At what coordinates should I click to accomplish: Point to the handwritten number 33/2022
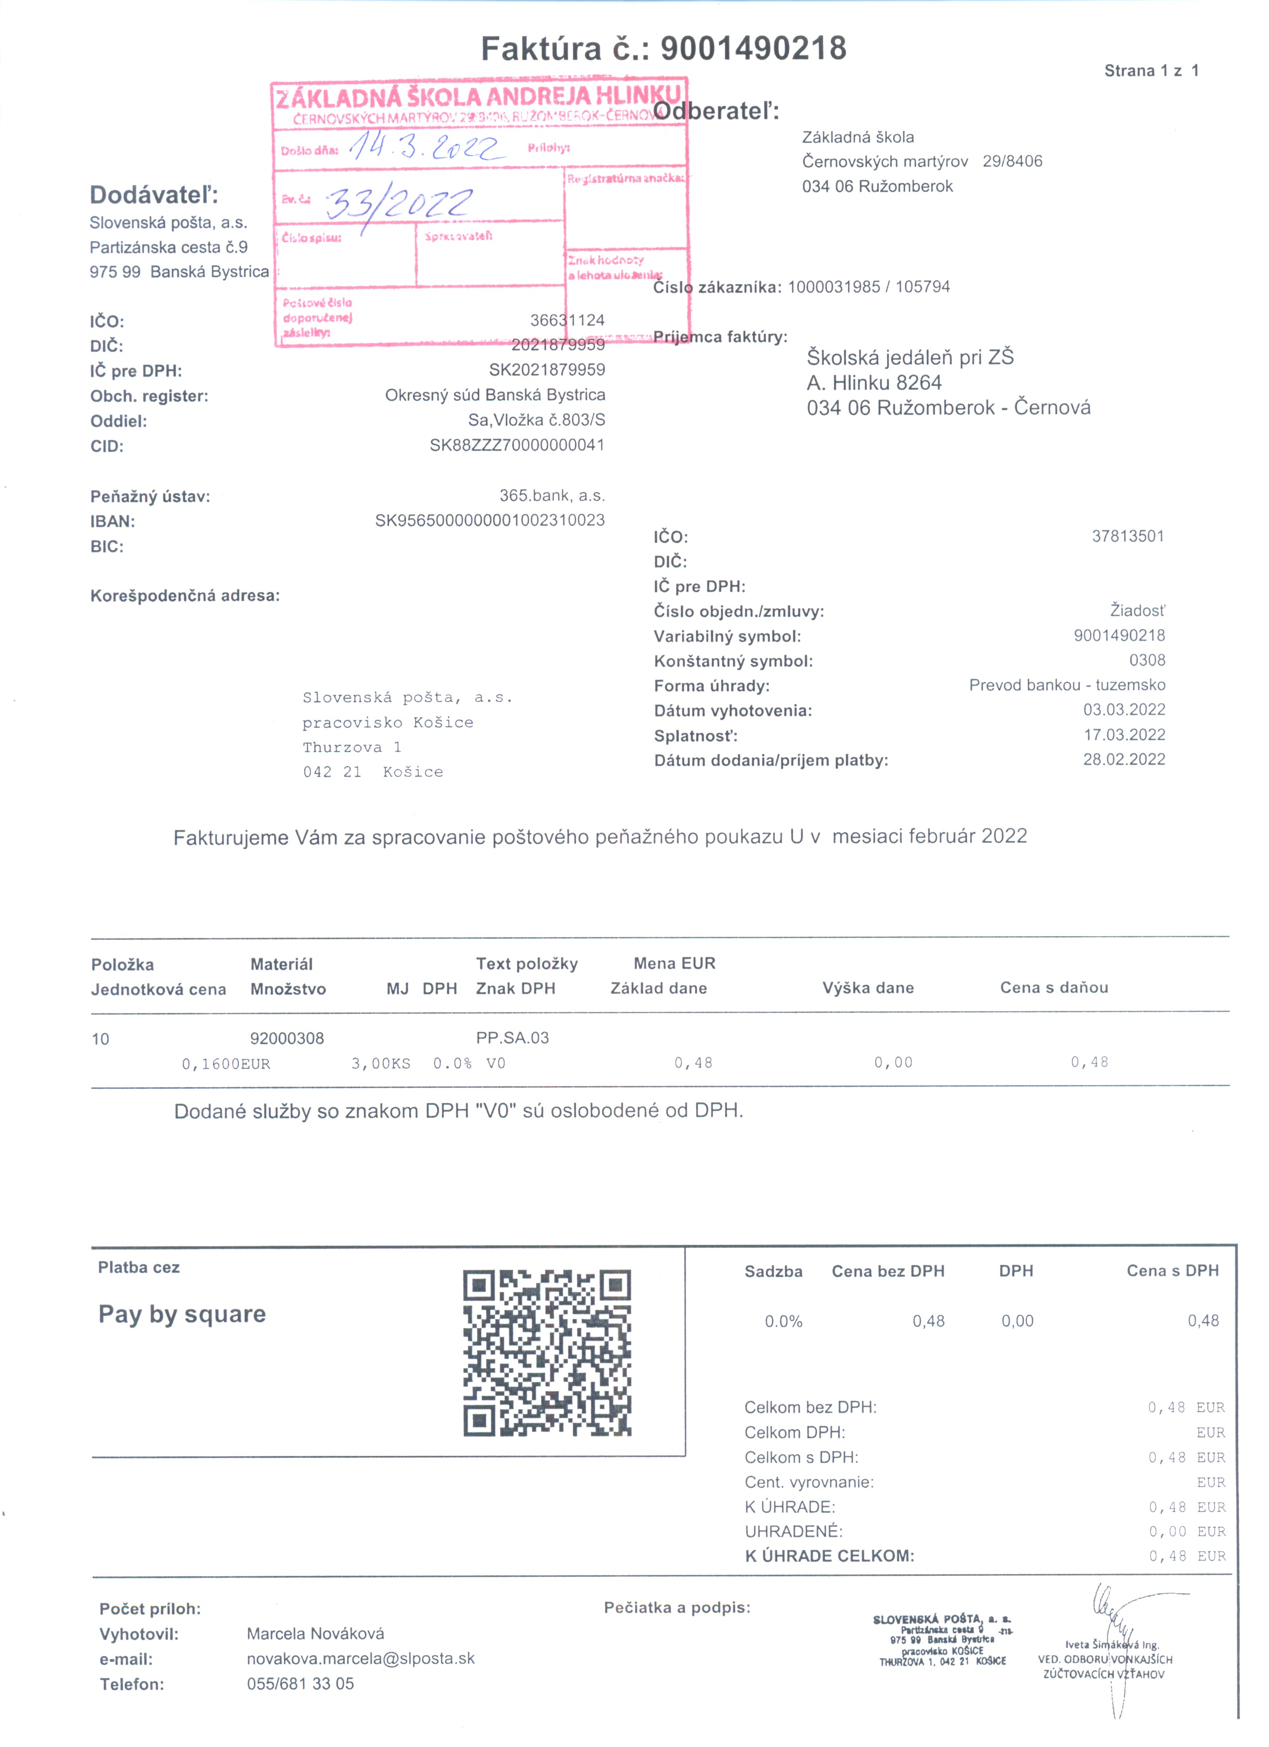(x=399, y=204)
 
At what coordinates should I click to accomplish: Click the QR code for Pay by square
(x=547, y=1353)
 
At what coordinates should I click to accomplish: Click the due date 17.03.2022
(x=1124, y=735)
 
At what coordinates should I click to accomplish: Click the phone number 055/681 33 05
(x=300, y=1684)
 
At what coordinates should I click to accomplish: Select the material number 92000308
(x=287, y=1038)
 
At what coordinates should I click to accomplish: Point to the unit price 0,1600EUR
(x=225, y=1064)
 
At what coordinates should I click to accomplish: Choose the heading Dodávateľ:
(x=154, y=195)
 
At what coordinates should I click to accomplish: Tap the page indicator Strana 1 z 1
(x=1151, y=71)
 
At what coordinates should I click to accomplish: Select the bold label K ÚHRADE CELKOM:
(x=829, y=1556)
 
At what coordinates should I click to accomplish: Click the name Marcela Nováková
(x=315, y=1634)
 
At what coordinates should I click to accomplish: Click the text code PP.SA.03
(x=512, y=1038)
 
